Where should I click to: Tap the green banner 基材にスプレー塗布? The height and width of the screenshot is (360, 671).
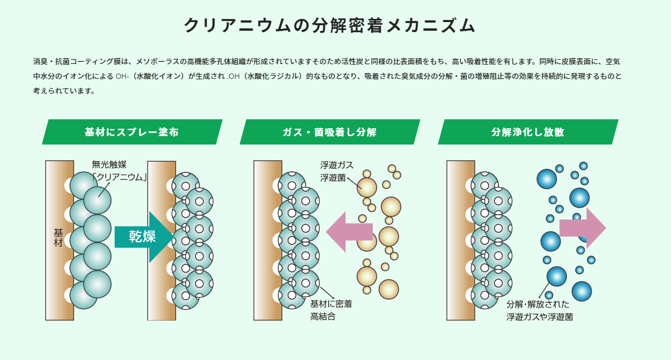click(131, 132)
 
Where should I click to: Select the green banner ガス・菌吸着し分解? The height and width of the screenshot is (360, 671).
click(329, 132)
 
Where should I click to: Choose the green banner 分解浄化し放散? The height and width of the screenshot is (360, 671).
click(527, 132)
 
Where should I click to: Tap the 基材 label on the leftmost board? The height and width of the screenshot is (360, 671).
click(58, 238)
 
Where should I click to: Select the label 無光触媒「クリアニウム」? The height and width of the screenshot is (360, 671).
click(119, 171)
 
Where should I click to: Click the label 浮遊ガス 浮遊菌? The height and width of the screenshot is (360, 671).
click(337, 171)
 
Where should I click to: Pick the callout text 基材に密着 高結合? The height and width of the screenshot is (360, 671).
click(331, 310)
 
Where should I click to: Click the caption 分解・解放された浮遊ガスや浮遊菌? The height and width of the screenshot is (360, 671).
click(539, 311)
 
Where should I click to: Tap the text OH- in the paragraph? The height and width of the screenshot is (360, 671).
click(123, 76)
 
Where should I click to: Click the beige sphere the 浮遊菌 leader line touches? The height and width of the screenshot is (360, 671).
click(367, 188)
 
